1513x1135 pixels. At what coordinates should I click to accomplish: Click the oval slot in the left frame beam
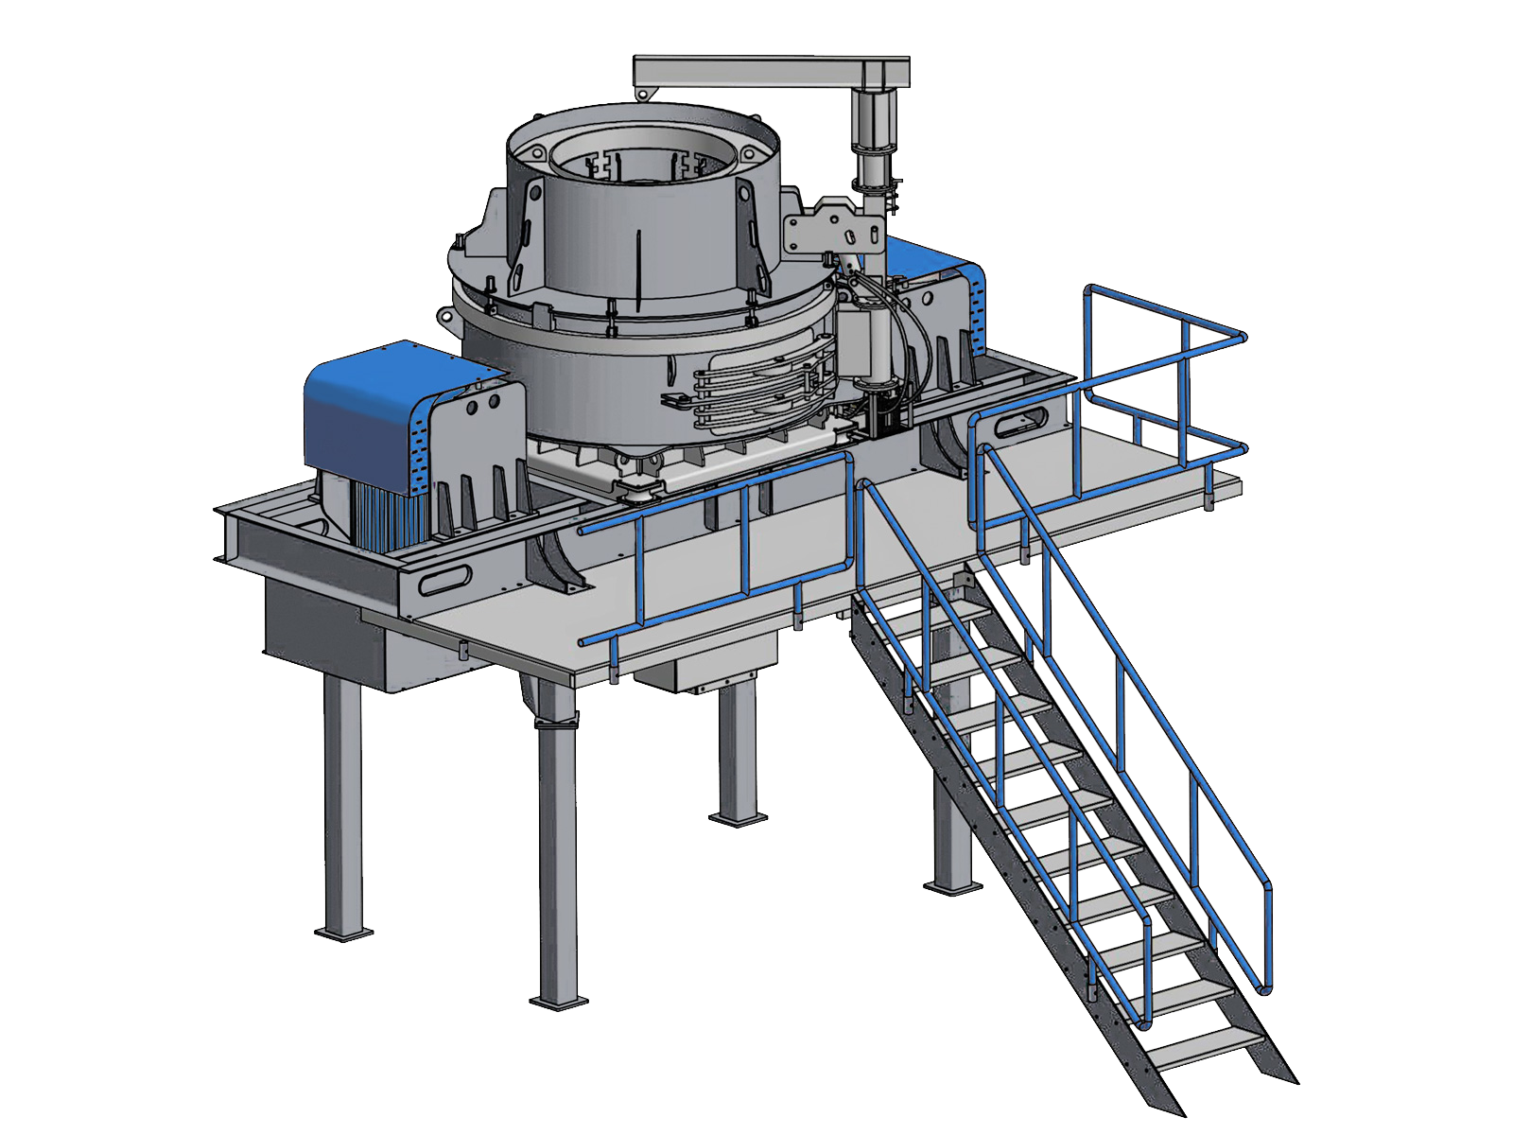click(444, 579)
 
